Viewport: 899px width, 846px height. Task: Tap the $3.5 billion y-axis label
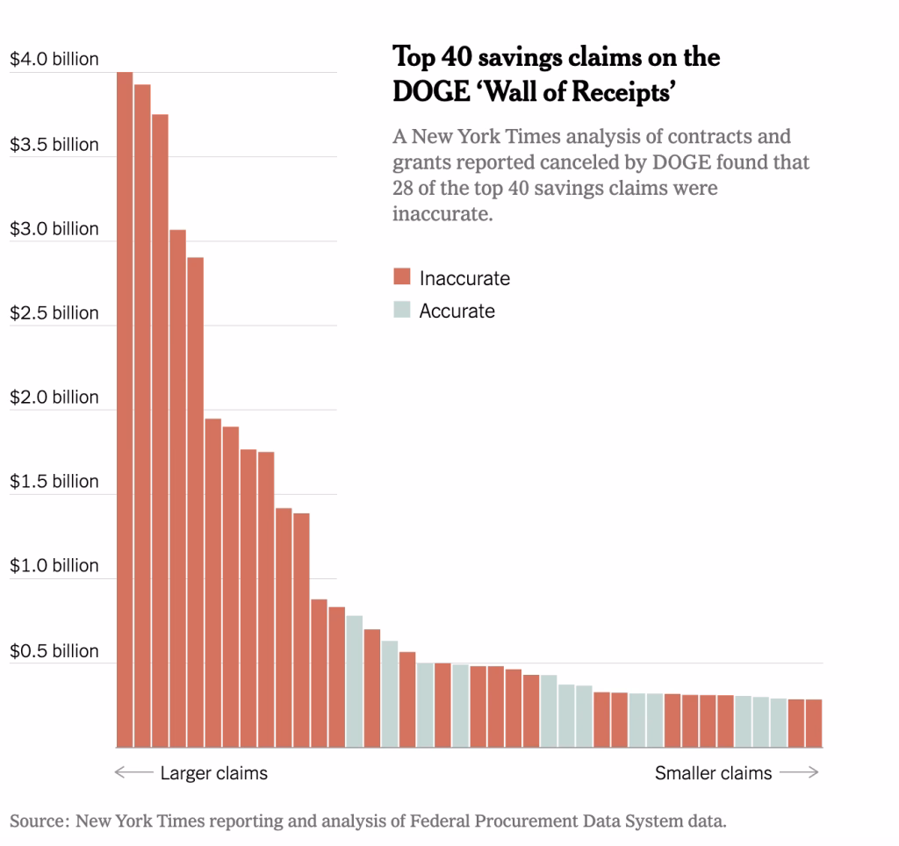[x=54, y=145]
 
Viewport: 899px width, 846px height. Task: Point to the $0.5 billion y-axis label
[x=54, y=651]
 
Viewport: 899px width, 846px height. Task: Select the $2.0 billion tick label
[x=54, y=398]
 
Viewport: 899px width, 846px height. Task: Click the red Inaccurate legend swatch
[x=402, y=278]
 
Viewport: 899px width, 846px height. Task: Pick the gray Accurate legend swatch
[x=402, y=310]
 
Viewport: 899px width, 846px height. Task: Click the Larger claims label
[x=213, y=773]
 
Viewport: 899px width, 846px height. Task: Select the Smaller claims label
[x=713, y=773]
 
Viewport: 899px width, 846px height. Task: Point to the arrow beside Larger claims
[x=133, y=773]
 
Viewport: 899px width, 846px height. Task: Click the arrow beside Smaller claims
[x=799, y=773]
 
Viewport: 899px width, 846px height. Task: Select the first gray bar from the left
[x=355, y=681]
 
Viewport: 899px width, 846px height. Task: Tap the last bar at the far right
[x=814, y=723]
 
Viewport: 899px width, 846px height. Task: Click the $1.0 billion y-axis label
[x=54, y=566]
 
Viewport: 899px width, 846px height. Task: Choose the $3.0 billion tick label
[x=54, y=229]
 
